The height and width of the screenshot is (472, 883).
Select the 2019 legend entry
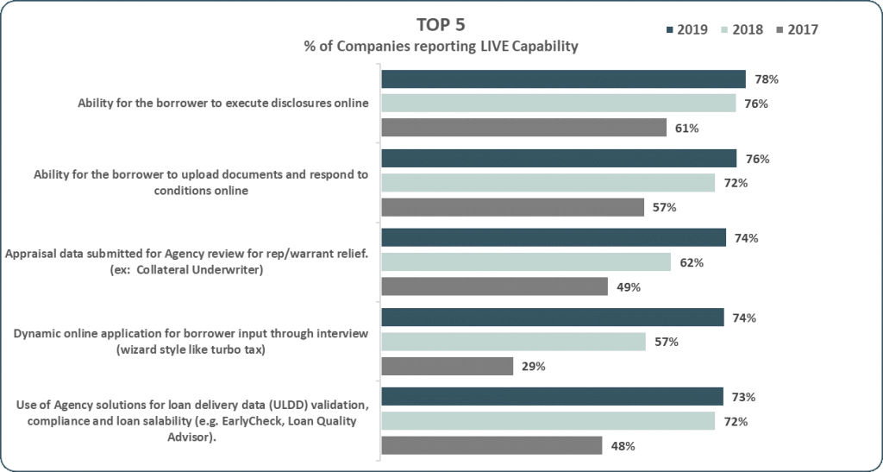tap(686, 29)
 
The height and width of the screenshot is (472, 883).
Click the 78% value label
tap(767, 79)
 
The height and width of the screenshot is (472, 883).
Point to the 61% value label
tap(687, 129)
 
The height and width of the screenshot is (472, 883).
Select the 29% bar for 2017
tap(448, 366)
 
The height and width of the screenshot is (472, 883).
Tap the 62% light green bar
tap(526, 262)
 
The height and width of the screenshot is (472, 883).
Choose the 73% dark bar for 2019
tap(552, 397)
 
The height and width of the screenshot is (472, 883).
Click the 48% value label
tap(623, 446)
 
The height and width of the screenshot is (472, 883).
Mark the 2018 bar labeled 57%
tap(514, 342)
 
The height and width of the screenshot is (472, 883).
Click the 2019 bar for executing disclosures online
tap(563, 79)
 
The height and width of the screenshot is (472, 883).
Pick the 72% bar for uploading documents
tap(548, 183)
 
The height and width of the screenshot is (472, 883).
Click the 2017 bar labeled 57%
tap(513, 207)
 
